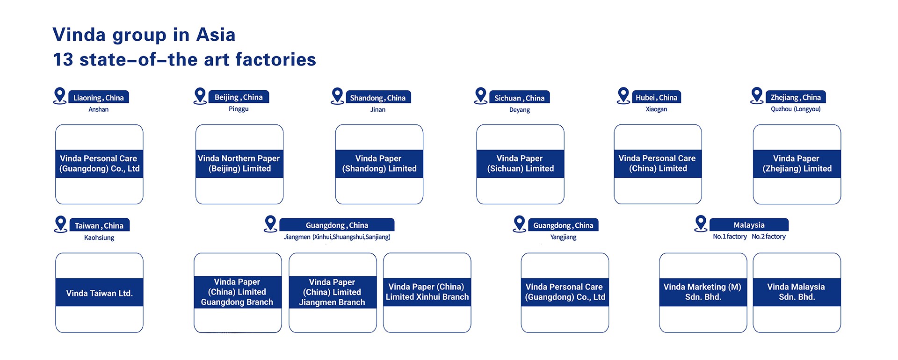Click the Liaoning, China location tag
(99, 97)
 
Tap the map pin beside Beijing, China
(200, 96)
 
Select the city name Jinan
(378, 109)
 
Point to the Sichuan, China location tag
(520, 97)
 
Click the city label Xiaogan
(657, 109)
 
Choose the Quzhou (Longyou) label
(796, 109)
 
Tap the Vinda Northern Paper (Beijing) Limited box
(239, 164)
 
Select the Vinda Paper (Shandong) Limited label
(379, 164)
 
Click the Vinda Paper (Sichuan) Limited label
(521, 164)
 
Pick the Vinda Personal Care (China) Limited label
(658, 164)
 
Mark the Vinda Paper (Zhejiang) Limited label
(797, 164)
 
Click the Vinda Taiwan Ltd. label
(99, 293)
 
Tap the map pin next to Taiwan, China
(61, 224)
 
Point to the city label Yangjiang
(563, 237)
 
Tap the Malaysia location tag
(749, 225)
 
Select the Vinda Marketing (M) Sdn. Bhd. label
(703, 292)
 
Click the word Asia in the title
(216, 35)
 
